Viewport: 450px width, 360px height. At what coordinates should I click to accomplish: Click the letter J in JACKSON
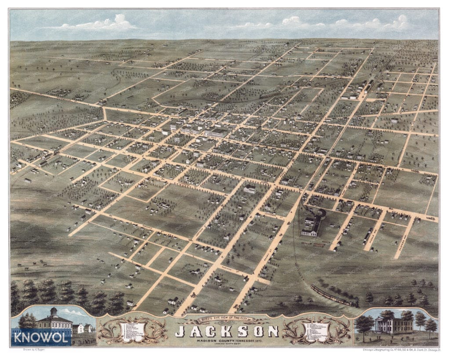click(180, 331)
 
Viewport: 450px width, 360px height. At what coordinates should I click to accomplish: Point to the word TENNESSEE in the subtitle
click(238, 341)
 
